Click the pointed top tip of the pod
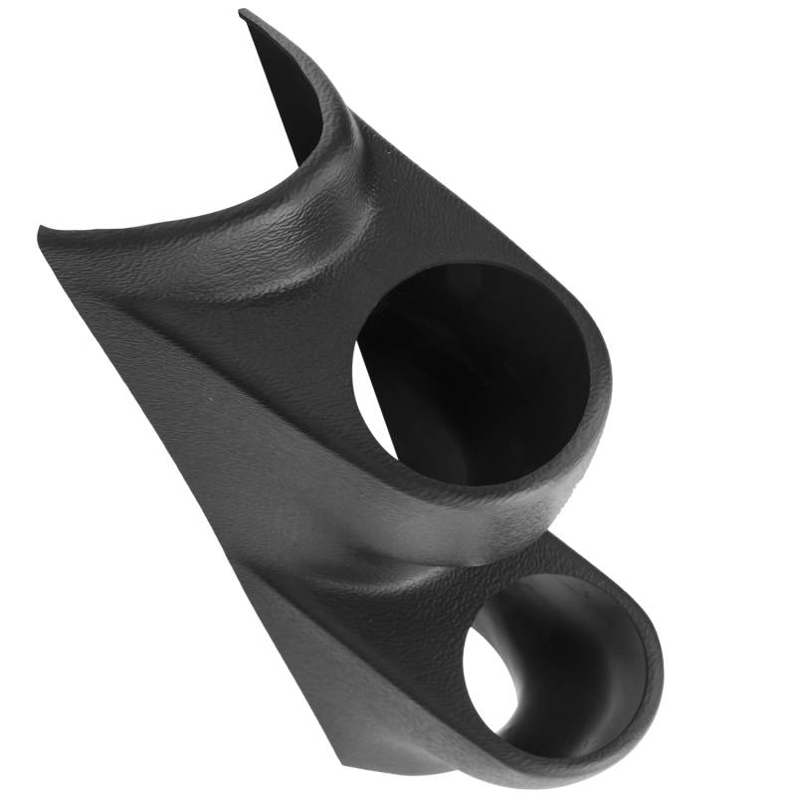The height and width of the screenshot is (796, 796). point(242,12)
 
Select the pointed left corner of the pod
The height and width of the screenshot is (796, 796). point(40,231)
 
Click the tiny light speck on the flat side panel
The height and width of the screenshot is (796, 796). point(212,397)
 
